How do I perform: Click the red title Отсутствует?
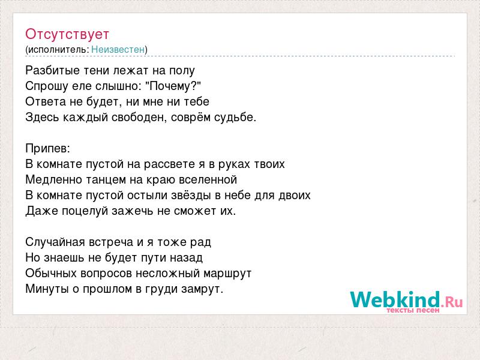pos(67,34)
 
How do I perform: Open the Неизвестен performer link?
pos(118,49)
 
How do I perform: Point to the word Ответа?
pos(46,101)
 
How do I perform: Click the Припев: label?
pos(48,149)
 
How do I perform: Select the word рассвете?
pos(169,164)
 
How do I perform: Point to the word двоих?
pos(295,196)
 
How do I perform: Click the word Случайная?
pos(55,242)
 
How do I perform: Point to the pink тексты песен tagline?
pos(413,310)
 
